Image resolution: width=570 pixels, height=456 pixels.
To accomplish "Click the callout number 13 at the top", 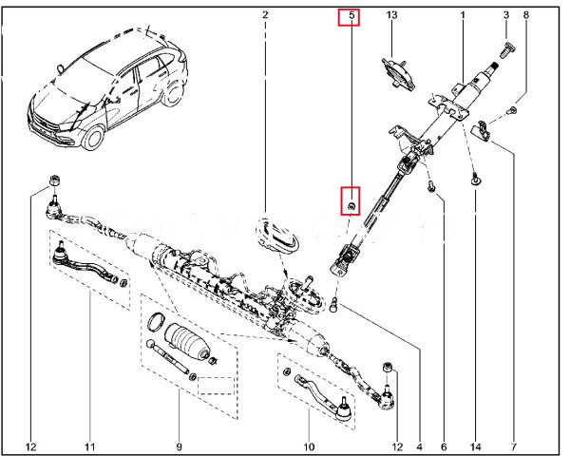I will point(392,16).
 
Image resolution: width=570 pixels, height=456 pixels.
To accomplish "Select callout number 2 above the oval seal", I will point(265,16).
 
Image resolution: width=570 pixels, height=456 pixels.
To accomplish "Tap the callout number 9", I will point(178,446).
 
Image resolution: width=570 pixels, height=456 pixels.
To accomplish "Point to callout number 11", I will point(89,446).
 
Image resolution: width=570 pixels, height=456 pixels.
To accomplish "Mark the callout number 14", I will point(474,446).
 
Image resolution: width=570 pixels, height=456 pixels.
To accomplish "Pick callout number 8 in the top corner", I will point(526,16).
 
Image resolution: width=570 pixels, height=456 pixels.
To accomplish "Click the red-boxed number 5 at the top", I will point(351,16).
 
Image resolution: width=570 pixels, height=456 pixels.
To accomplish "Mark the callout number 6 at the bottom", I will point(443,446).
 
